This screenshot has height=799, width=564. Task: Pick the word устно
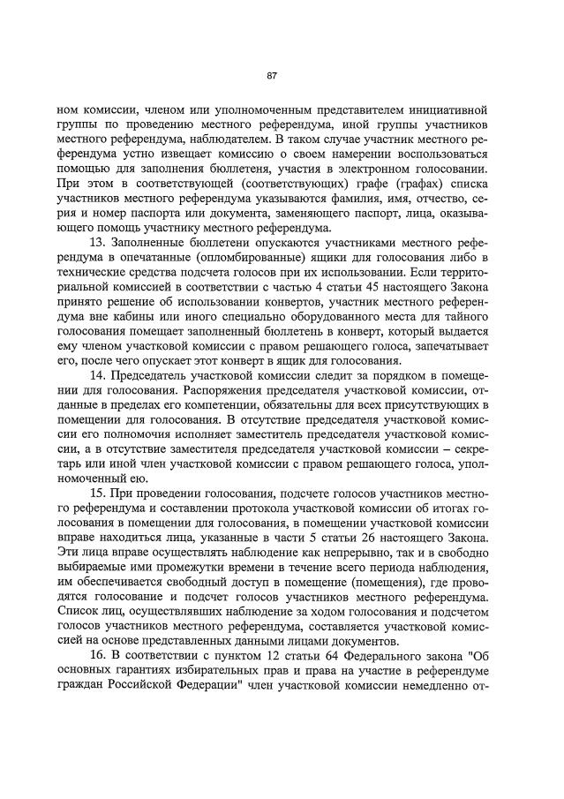[x=118, y=154]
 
